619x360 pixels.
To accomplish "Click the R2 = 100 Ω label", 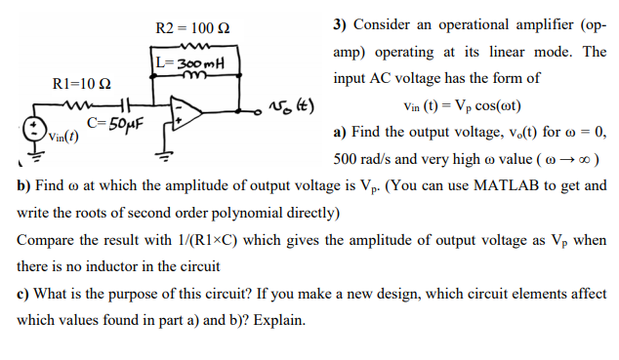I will click(192, 26).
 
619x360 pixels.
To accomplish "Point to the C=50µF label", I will click(115, 122).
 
